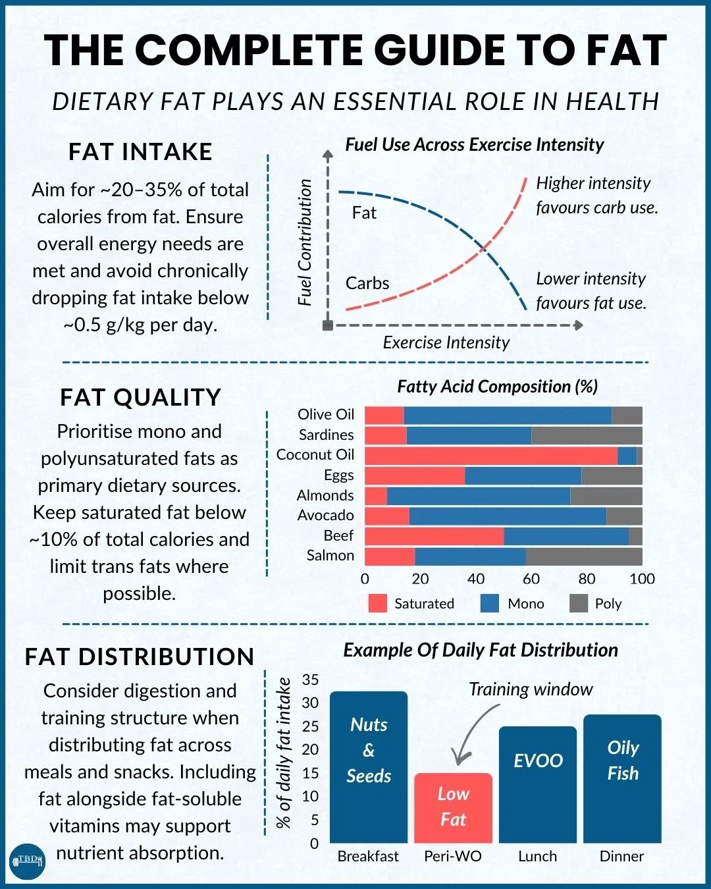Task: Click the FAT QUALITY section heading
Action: pos(140,398)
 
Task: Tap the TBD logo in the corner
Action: pos(27,860)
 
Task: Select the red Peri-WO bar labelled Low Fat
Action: pos(453,807)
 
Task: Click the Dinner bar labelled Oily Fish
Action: pos(622,778)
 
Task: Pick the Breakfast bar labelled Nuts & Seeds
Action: pos(369,767)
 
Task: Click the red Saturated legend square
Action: pos(377,603)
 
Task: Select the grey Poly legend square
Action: pos(578,603)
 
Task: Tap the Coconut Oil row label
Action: pos(315,455)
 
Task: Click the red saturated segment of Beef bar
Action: pos(434,536)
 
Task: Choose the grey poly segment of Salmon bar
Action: pos(583,556)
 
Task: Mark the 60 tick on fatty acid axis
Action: pos(531,579)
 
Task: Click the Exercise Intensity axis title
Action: pos(446,342)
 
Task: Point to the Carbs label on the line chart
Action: pos(367,283)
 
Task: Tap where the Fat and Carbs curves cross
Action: pos(483,248)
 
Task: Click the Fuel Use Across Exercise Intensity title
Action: pos(475,145)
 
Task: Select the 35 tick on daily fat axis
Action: pos(310,680)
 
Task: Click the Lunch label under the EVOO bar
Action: pos(537,856)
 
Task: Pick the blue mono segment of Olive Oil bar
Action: pos(507,416)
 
